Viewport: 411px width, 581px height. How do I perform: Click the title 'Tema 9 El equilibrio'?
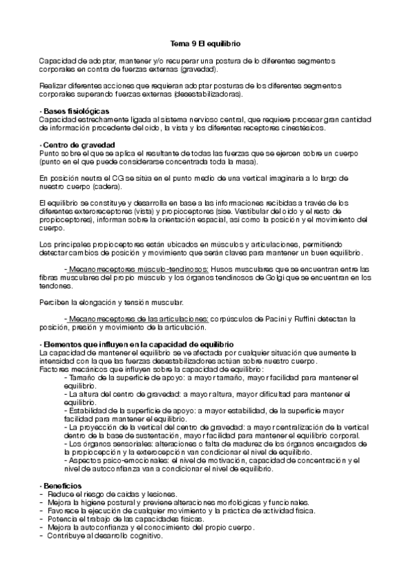(205, 43)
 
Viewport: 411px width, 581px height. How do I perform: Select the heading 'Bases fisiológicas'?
(75, 112)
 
